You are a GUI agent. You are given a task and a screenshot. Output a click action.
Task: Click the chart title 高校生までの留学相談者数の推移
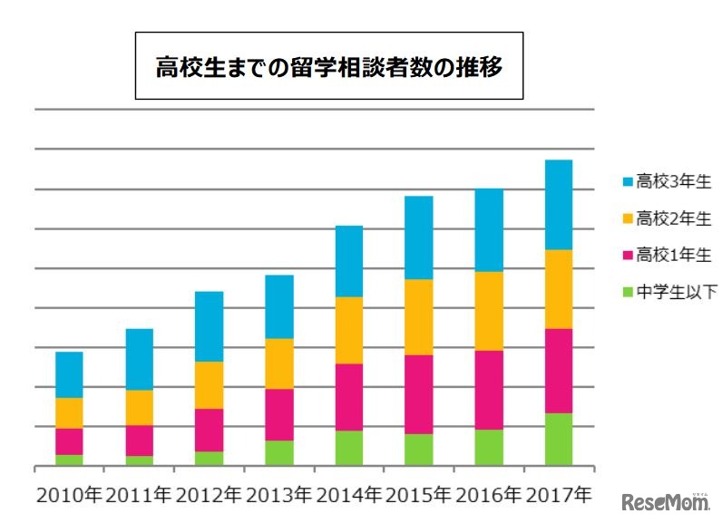pos(328,66)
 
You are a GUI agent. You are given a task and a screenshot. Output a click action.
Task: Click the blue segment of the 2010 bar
pos(69,374)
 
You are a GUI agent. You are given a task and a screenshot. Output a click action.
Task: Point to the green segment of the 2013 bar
pos(279,453)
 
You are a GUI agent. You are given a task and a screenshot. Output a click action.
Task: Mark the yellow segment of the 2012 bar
pos(209,385)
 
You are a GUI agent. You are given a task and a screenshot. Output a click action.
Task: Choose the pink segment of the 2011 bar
pos(139,441)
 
